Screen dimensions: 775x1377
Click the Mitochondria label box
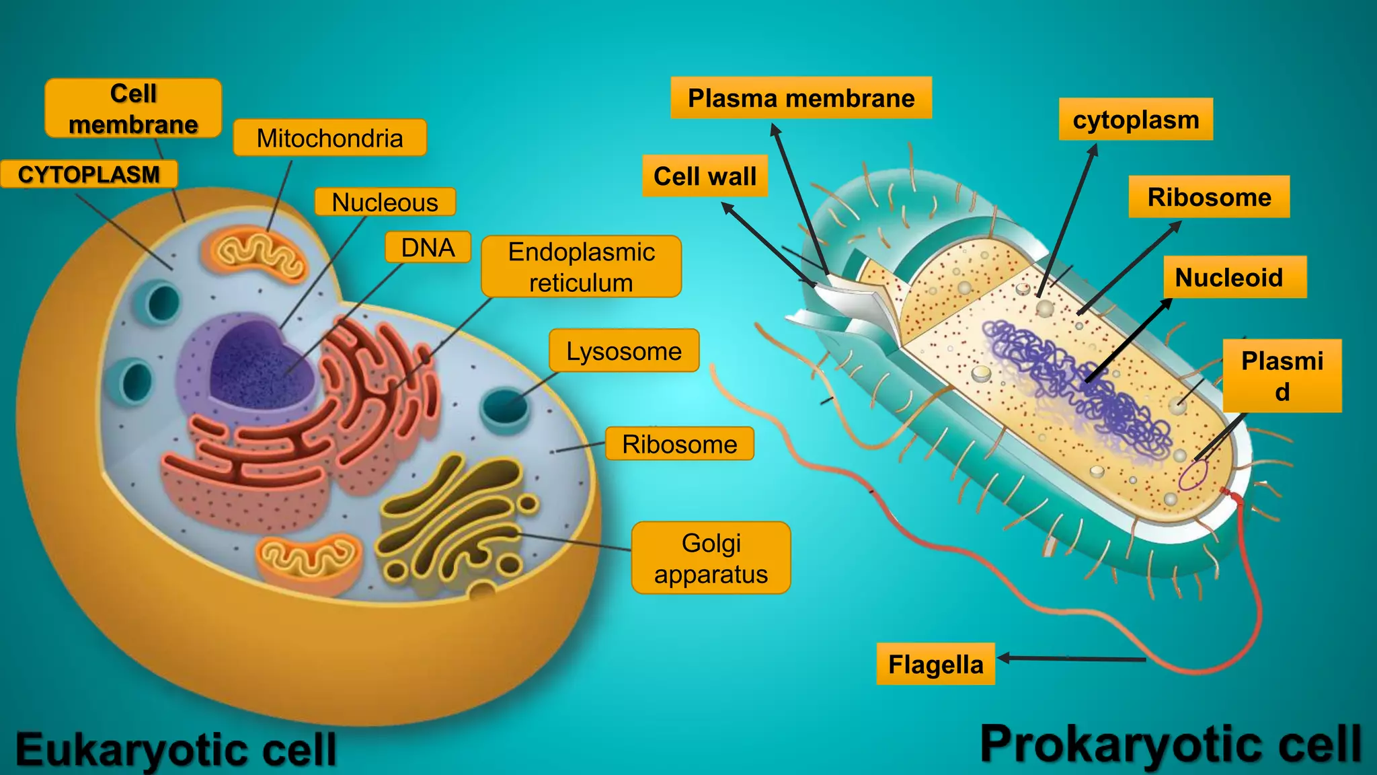click(x=329, y=138)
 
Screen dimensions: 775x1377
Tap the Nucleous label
click(x=385, y=202)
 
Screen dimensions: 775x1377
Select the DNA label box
click(x=428, y=248)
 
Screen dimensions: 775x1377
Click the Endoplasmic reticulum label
click(x=581, y=266)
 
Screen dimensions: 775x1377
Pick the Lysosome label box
click(x=624, y=350)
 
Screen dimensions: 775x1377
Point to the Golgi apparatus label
click(x=711, y=558)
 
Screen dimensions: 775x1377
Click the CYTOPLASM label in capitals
click(x=89, y=174)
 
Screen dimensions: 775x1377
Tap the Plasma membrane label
click(x=801, y=98)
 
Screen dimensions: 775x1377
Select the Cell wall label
click(x=705, y=176)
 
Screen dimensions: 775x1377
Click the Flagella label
click(x=935, y=664)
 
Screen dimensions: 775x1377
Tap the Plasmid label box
click(x=1282, y=375)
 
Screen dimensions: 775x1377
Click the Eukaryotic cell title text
click(x=176, y=749)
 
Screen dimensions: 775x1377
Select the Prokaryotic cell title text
click(x=1171, y=744)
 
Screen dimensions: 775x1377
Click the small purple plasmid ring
click(x=1193, y=475)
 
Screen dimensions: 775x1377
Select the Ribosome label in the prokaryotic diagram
click(x=1209, y=197)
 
